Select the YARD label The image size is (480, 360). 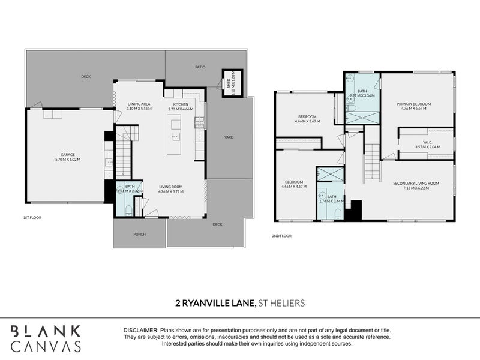coord(229,137)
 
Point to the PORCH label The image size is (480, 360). coord(139,234)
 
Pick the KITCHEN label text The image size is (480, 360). coord(181,104)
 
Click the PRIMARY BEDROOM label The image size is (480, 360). coord(413,104)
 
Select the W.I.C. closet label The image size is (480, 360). coord(425,142)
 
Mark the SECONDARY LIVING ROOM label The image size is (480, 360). coord(416,183)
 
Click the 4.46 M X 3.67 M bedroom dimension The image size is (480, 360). coord(307,121)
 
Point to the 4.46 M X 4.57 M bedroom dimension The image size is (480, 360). coord(294,187)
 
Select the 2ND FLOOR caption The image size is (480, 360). coord(281,236)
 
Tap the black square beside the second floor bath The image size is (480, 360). coord(355,210)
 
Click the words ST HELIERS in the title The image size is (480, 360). coord(281,303)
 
